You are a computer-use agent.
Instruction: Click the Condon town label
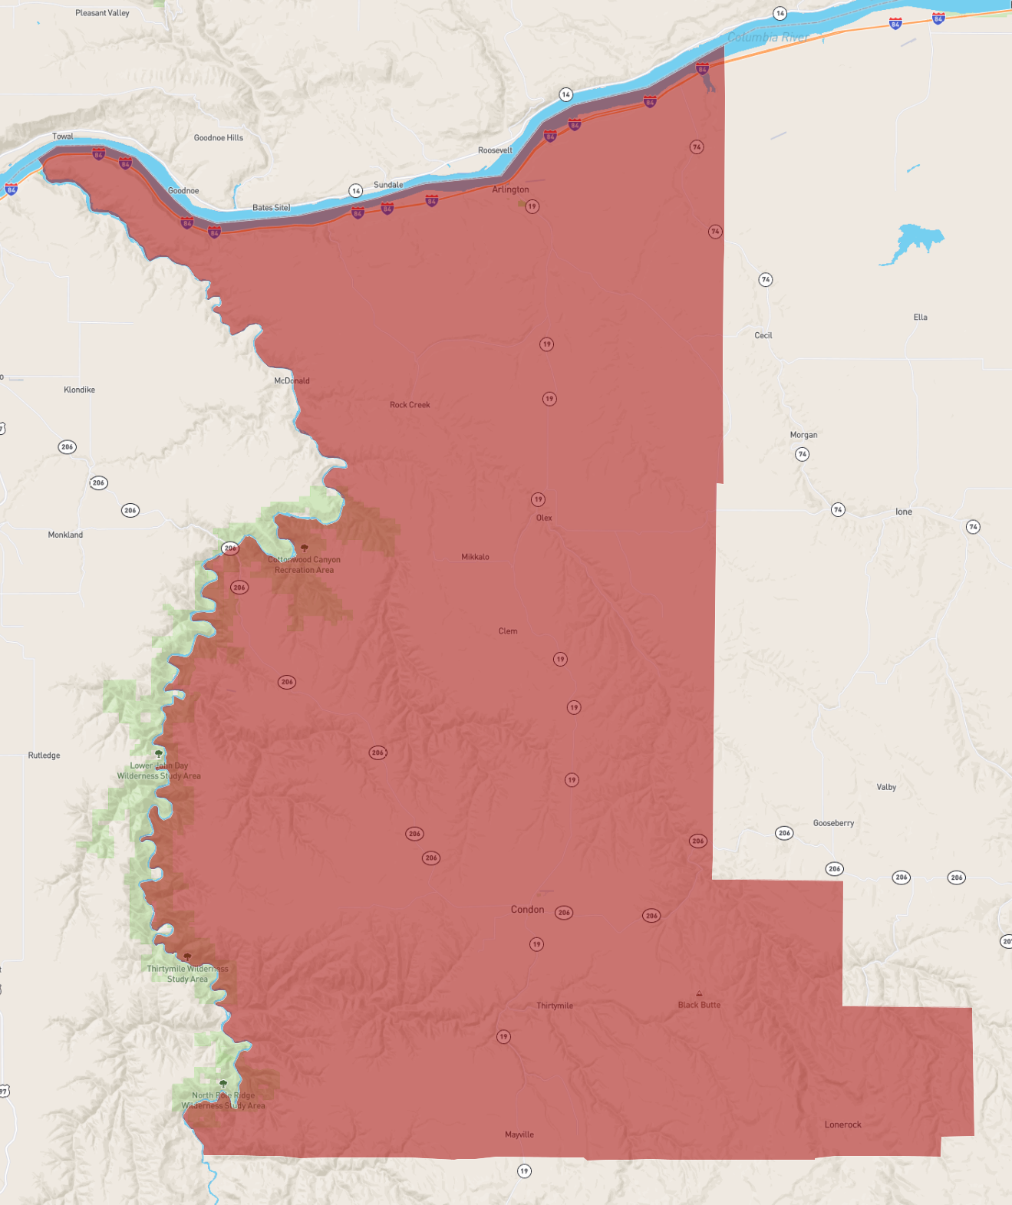click(527, 910)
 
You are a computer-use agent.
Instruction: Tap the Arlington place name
click(510, 189)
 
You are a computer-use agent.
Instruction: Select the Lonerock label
click(842, 1124)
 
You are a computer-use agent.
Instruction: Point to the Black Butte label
click(699, 1005)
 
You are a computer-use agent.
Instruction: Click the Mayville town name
click(519, 1134)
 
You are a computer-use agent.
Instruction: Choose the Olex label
click(544, 518)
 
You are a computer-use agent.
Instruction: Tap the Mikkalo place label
click(475, 557)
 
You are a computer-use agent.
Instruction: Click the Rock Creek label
click(410, 405)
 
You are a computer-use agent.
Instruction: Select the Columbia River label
click(768, 38)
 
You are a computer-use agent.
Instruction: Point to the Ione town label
click(904, 512)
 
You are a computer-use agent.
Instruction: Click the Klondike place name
click(80, 390)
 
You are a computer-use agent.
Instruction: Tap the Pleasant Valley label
click(102, 13)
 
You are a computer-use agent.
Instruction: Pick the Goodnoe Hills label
click(219, 138)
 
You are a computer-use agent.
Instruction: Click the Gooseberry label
click(833, 823)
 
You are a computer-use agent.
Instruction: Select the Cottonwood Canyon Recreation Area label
click(304, 565)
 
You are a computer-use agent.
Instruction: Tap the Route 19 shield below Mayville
click(524, 1171)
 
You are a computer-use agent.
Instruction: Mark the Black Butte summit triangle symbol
click(699, 993)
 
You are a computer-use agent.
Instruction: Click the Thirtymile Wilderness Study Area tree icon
click(187, 956)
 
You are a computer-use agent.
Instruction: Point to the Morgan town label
click(803, 435)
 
